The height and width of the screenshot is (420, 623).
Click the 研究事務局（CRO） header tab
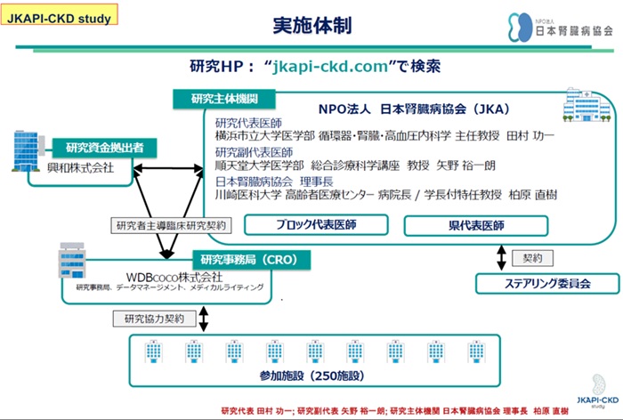click(248, 259)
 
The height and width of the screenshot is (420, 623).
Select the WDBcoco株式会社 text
click(168, 275)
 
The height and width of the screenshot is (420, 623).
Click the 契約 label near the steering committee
click(535, 257)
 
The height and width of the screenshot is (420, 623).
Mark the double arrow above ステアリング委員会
click(504, 256)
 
